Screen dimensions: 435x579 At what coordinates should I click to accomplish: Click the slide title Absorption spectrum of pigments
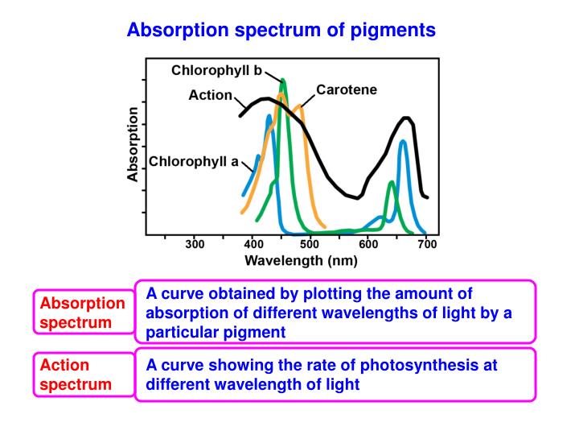pos(281,30)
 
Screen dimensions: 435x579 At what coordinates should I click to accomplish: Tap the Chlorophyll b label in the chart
pos(216,71)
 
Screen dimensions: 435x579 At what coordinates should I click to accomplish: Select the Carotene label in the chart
pos(347,90)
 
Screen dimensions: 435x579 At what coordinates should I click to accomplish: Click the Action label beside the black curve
pos(210,96)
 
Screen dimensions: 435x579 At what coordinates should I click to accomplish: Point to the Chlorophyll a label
pos(194,161)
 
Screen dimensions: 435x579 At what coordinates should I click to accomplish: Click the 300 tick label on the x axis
pos(195,244)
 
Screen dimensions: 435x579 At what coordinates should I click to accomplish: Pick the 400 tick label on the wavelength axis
pos(253,244)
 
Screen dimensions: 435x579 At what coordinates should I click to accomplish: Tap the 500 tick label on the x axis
pos(310,244)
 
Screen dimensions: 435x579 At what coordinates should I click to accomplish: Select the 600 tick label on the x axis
pos(368,244)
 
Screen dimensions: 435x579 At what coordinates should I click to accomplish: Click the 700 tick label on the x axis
pos(426,244)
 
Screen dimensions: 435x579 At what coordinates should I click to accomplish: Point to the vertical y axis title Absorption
pos(133,145)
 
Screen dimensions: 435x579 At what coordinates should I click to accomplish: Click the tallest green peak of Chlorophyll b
pos(283,81)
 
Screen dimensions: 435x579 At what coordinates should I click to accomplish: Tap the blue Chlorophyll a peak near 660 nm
pos(402,143)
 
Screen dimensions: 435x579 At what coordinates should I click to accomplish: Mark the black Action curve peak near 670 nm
pos(408,118)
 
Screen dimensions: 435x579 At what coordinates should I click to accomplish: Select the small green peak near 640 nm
pos(391,184)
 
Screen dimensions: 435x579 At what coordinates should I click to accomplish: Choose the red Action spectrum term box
pos(82,375)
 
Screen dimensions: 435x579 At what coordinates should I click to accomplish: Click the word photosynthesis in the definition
pos(418,365)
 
